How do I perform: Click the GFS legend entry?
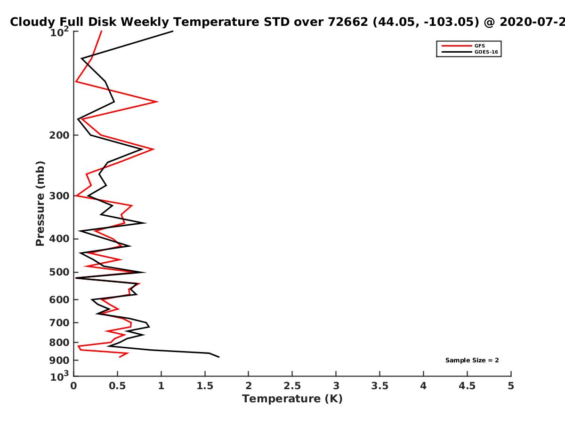click(x=463, y=46)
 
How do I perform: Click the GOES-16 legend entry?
click(x=470, y=52)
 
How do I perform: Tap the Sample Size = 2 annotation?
click(x=472, y=360)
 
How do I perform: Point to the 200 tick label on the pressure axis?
click(x=59, y=135)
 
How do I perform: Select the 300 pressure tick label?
click(x=59, y=196)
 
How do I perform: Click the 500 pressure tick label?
click(x=59, y=272)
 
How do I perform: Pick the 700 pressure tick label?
click(x=59, y=322)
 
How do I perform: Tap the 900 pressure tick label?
click(x=59, y=360)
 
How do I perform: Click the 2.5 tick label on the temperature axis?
click(x=292, y=386)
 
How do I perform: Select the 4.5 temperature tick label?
click(x=467, y=386)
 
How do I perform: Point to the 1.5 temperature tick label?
click(x=205, y=386)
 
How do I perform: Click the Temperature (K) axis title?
click(x=292, y=399)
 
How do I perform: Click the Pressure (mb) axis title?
click(x=40, y=204)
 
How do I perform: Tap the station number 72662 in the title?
click(x=348, y=22)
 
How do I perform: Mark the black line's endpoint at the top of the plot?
click(x=173, y=31)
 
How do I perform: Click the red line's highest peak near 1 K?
click(x=158, y=102)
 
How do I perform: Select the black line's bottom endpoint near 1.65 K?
click(x=219, y=357)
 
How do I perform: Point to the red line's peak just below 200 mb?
click(x=153, y=149)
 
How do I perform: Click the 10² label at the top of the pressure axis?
click(x=59, y=32)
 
